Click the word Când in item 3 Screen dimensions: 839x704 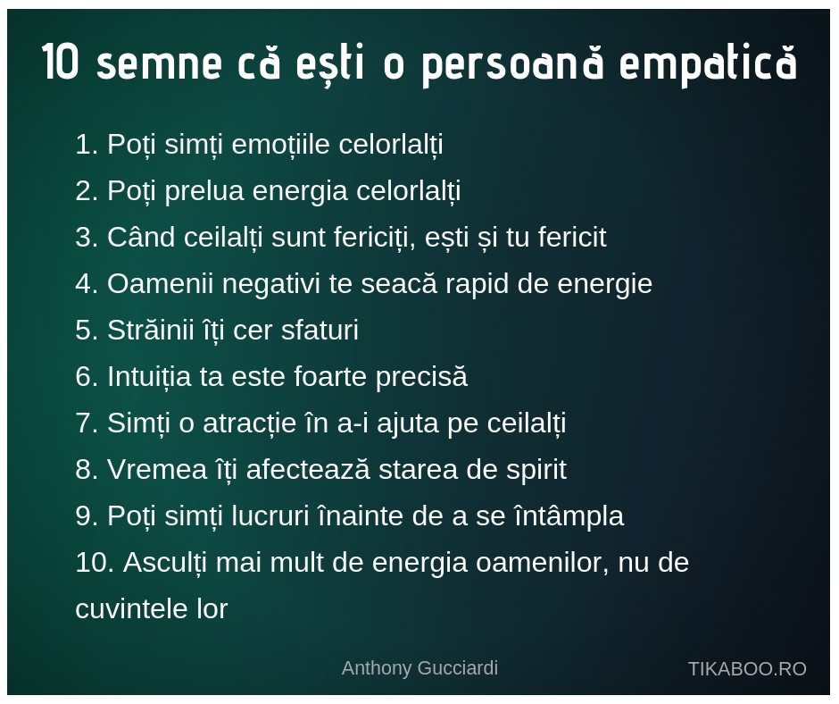[141, 237]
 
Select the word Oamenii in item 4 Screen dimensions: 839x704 [160, 283]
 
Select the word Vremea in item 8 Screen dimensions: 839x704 [157, 470]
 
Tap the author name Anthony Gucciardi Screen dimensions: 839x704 [419, 668]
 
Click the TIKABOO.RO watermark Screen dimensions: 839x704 [747, 669]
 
